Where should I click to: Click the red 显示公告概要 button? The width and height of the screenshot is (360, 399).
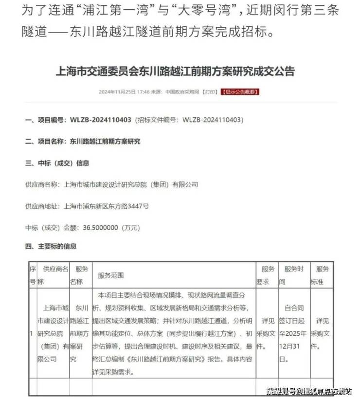click(x=240, y=91)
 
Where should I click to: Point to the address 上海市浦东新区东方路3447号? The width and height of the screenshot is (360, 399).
click(x=107, y=206)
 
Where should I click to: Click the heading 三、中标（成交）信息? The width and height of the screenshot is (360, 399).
click(x=57, y=163)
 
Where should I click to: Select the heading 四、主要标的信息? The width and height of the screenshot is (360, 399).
click(x=51, y=247)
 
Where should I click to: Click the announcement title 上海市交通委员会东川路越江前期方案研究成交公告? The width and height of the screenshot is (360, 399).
click(x=177, y=72)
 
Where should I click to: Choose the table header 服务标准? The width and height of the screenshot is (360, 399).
click(x=323, y=275)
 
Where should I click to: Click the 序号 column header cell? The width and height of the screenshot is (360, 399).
click(x=33, y=275)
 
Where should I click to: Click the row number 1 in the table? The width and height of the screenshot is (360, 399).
click(x=32, y=334)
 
